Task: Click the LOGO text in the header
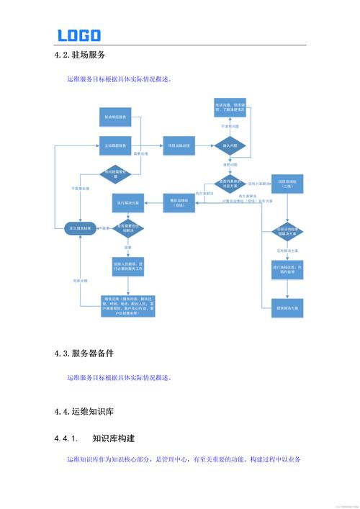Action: (79, 35)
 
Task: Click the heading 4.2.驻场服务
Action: (81, 55)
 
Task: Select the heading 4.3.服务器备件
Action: (84, 353)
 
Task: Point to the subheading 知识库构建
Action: (114, 438)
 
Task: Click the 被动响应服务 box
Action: (117, 117)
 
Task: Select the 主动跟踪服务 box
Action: (117, 145)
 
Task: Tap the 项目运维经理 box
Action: (179, 145)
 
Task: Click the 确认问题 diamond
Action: (231, 145)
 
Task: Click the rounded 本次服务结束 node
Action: (78, 228)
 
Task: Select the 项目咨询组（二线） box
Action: (288, 185)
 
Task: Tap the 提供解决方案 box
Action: (288, 307)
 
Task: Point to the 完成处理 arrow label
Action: (80, 280)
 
